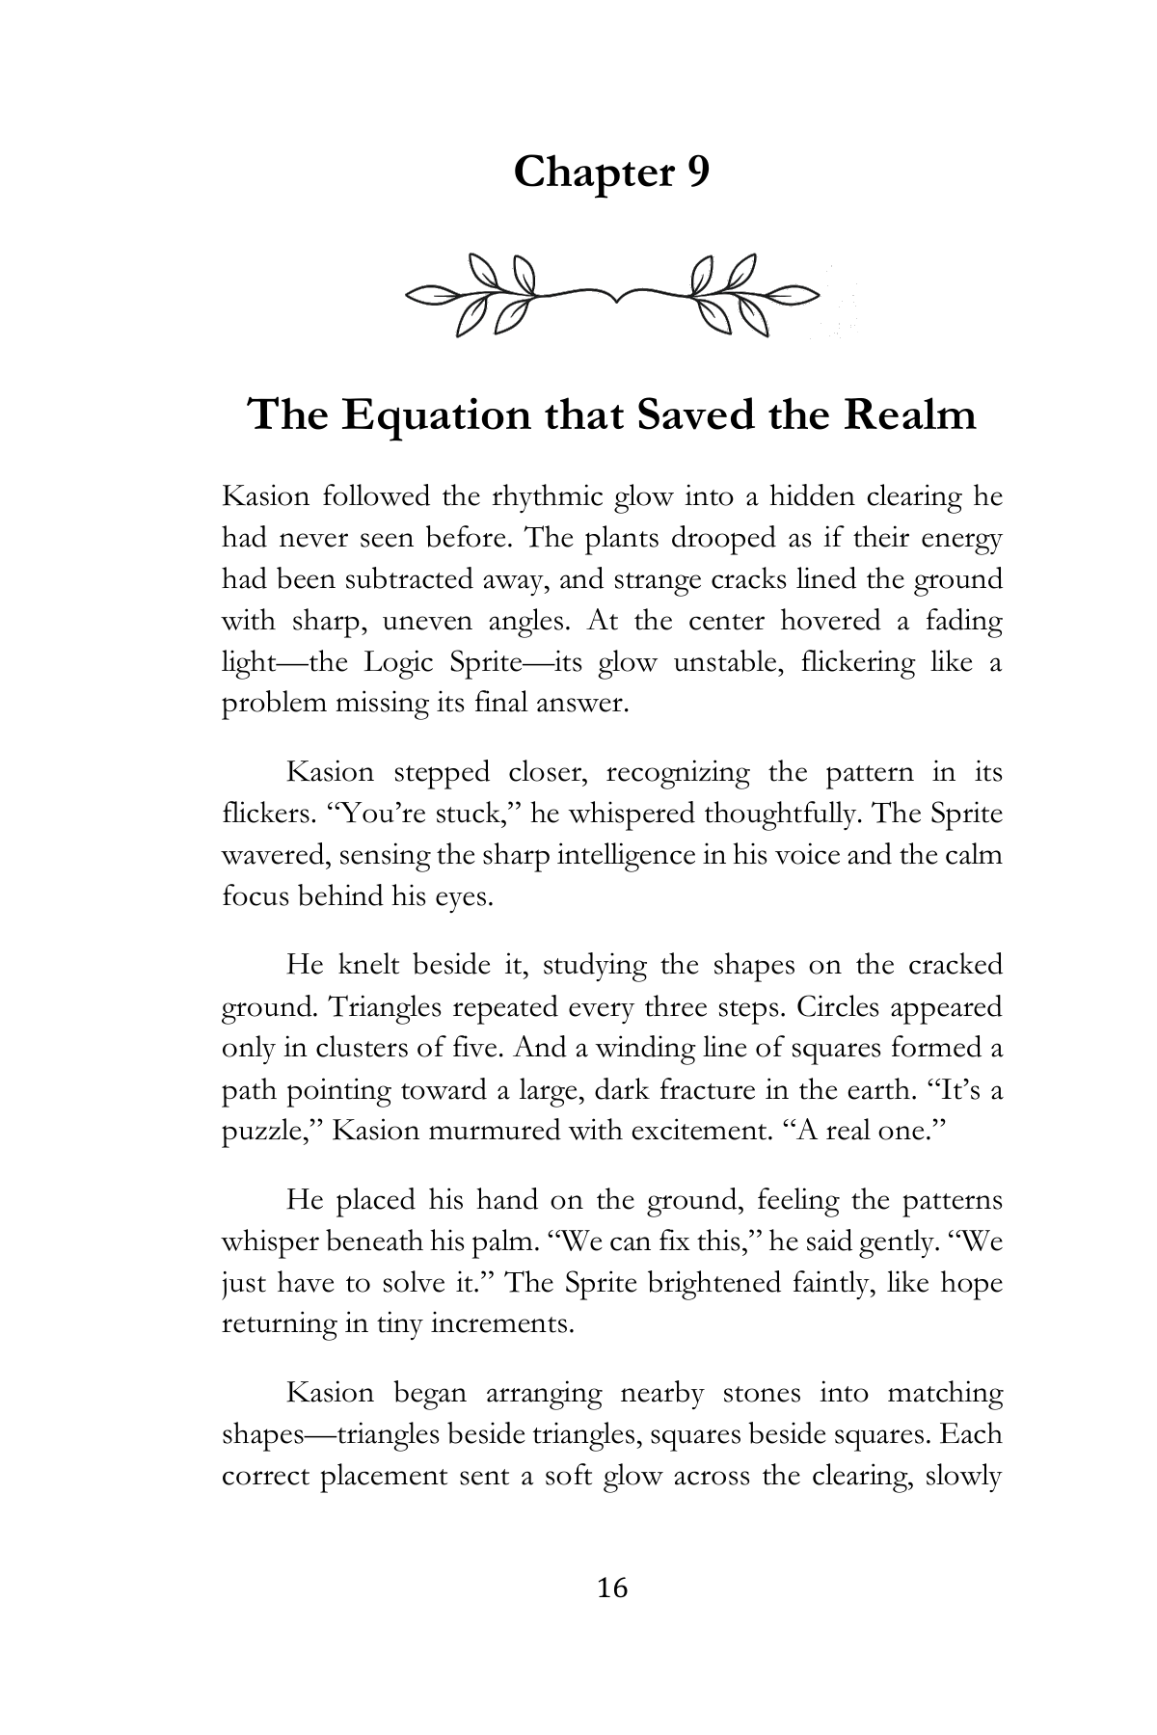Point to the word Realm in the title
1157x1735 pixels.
coord(910,415)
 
